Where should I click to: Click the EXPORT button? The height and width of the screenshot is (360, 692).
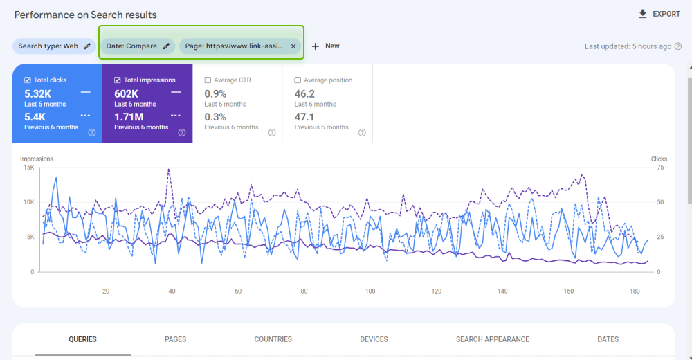click(x=659, y=14)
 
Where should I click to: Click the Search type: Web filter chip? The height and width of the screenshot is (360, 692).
click(x=54, y=46)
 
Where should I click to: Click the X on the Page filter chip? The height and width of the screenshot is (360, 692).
click(x=293, y=46)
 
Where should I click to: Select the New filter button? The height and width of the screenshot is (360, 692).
click(x=325, y=46)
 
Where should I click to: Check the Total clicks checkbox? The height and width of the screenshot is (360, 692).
click(x=28, y=80)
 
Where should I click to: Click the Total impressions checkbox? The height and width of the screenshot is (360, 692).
click(x=118, y=80)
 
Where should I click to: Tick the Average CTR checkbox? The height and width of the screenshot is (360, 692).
click(x=208, y=80)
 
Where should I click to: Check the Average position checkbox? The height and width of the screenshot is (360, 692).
click(x=298, y=80)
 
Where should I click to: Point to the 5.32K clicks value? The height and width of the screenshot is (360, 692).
click(x=38, y=93)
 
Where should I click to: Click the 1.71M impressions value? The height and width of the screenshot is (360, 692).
click(x=129, y=116)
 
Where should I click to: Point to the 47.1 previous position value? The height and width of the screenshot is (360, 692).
click(x=304, y=116)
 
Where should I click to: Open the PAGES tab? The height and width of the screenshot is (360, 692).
click(x=175, y=339)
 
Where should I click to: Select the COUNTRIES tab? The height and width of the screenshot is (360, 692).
click(x=273, y=339)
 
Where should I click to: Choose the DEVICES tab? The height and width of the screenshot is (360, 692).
click(x=374, y=339)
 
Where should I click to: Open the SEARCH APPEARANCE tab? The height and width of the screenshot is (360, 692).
click(x=492, y=339)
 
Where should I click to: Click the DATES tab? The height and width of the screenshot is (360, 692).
click(x=608, y=339)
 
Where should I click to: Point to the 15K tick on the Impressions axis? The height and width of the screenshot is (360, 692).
click(x=28, y=168)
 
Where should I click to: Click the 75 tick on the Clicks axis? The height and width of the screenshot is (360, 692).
click(x=660, y=168)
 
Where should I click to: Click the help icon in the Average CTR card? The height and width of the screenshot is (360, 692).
click(x=272, y=133)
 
